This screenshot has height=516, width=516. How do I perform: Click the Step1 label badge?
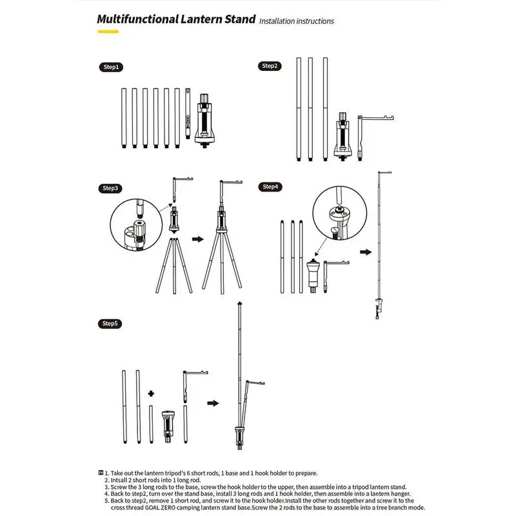[x=111, y=67]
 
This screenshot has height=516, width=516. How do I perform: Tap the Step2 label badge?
[x=270, y=66]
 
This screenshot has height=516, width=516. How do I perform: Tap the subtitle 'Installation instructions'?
[x=297, y=21]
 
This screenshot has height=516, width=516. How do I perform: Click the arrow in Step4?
[x=365, y=251]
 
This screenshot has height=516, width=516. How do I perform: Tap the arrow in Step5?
[x=212, y=403]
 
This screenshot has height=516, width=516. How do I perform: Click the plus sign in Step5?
[x=151, y=392]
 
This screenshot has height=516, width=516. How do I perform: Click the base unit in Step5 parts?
[x=168, y=422]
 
